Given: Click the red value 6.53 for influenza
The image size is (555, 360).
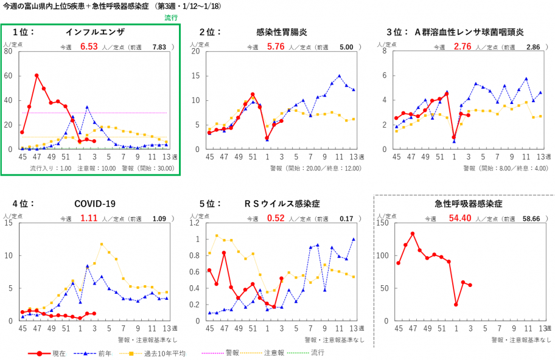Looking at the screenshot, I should (89, 46).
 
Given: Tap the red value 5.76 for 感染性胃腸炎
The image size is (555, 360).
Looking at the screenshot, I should (276, 46).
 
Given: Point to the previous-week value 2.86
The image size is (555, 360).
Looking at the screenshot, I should (533, 47).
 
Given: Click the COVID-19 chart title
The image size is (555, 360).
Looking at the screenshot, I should (95, 204).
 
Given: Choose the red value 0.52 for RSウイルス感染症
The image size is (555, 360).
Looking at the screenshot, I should (276, 218).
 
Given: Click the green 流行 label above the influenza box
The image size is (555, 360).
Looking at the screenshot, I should (171, 18).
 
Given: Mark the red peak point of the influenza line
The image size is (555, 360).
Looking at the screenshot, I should (37, 75).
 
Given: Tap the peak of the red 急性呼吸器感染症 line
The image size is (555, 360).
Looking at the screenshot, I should (413, 234).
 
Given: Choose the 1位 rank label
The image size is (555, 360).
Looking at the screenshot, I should (24, 32).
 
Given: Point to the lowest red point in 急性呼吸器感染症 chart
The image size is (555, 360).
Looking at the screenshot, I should (456, 305).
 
